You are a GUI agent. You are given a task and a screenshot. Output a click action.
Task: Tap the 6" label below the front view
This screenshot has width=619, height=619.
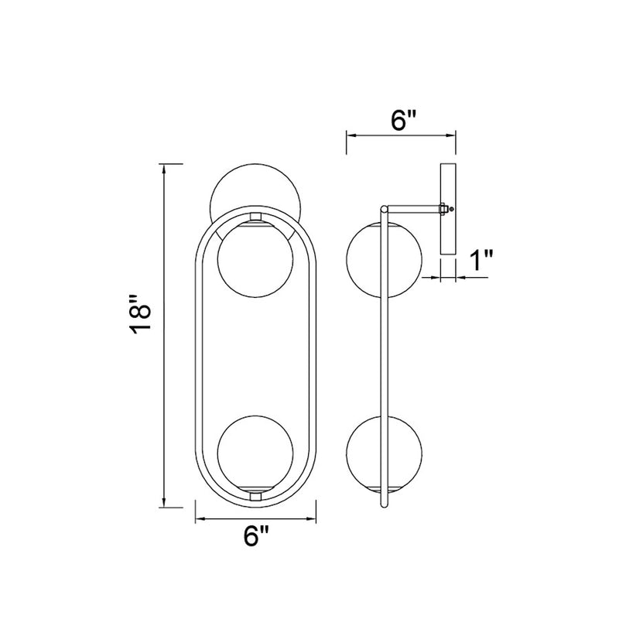pyautogui.click(x=255, y=535)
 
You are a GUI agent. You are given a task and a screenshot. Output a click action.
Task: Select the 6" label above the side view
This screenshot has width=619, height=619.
pyautogui.click(x=403, y=120)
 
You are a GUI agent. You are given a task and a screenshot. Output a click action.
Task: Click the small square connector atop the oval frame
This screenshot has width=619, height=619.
pyautogui.click(x=255, y=217)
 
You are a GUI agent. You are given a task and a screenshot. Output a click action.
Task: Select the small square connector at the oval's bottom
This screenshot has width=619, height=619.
pyautogui.click(x=255, y=496)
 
